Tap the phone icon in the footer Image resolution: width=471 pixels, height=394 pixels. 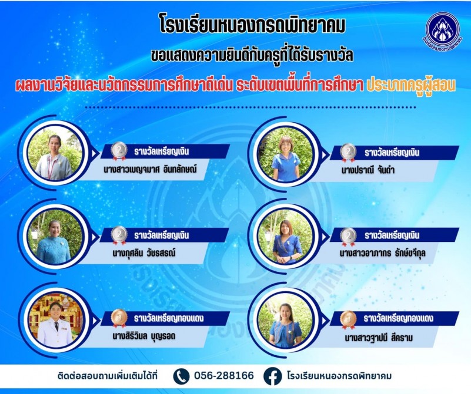pyautogui.click(x=182, y=376)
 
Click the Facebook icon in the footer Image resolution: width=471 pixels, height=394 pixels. pyautogui.click(x=272, y=376)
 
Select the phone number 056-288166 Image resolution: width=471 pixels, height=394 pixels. pyautogui.click(x=224, y=376)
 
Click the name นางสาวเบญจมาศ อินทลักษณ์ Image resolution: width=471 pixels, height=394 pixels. pyautogui.click(x=150, y=170)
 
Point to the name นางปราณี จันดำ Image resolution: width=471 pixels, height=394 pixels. pyautogui.click(x=368, y=170)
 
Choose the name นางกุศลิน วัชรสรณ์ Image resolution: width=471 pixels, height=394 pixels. pyautogui.click(x=144, y=253)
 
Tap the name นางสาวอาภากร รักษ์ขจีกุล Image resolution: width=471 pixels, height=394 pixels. pyautogui.click(x=382, y=254)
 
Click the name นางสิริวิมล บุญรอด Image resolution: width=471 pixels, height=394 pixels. pyautogui.click(x=144, y=336)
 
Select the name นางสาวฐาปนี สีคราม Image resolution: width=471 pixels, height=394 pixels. pyautogui.click(x=379, y=338)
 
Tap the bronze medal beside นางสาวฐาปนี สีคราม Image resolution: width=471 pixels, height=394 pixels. pyautogui.click(x=349, y=319)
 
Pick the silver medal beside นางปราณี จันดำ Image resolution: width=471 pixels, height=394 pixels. pyautogui.click(x=349, y=153)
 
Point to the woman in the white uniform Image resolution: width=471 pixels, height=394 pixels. pyautogui.click(x=56, y=325)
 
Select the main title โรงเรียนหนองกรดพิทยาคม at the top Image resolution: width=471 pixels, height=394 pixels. pyautogui.click(x=252, y=25)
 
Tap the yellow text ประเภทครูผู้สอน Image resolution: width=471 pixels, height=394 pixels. pyautogui.click(x=411, y=86)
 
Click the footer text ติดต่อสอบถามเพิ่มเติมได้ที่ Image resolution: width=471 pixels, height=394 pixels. pyautogui.click(x=107, y=376)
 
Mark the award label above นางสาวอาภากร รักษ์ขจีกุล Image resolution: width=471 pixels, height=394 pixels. pyautogui.click(x=392, y=235)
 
